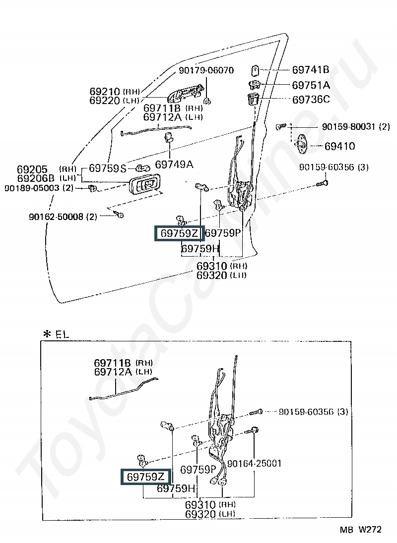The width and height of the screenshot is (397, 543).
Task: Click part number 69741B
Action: click(311, 70)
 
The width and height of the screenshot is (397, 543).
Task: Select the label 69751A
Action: click(311, 85)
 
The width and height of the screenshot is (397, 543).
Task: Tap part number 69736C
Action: click(311, 100)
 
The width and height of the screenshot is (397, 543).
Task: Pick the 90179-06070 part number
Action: click(206, 70)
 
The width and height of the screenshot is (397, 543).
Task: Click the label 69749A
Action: click(174, 164)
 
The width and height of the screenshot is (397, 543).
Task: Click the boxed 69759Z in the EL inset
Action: click(145, 477)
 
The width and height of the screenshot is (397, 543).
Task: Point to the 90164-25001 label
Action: click(254, 464)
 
